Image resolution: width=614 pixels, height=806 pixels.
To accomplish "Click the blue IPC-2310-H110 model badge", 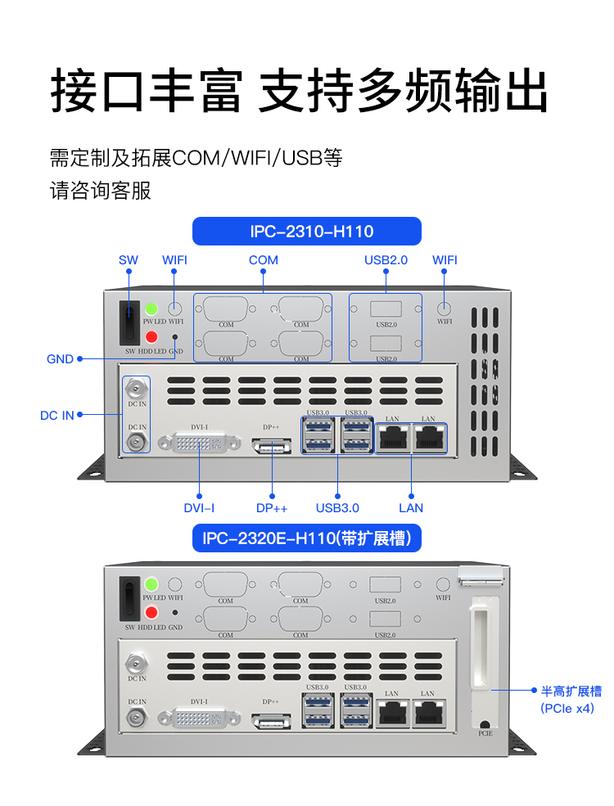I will pyautogui.click(x=306, y=232).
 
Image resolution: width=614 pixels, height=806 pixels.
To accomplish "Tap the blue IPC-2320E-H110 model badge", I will pyautogui.click(x=306, y=538).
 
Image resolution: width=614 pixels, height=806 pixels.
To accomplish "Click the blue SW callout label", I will pyautogui.click(x=129, y=260).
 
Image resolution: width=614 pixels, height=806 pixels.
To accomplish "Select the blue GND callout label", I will pyautogui.click(x=60, y=358).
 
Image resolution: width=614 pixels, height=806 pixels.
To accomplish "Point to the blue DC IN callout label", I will pyautogui.click(x=57, y=415).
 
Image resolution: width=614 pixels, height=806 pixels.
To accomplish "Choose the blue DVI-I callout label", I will pyautogui.click(x=199, y=507).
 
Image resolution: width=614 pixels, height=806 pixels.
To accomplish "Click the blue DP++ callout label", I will pyautogui.click(x=272, y=507).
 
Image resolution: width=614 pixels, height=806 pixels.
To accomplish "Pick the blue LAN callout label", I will pyautogui.click(x=411, y=507).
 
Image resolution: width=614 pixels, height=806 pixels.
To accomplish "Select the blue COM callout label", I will pyautogui.click(x=264, y=260).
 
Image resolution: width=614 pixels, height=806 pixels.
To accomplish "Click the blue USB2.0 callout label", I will pyautogui.click(x=386, y=260).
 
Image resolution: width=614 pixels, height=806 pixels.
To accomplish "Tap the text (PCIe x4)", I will pyautogui.click(x=567, y=709).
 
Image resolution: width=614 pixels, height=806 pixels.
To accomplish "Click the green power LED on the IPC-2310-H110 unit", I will pyautogui.click(x=151, y=309).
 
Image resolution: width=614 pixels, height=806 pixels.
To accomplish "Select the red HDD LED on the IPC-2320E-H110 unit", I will pyautogui.click(x=151, y=613).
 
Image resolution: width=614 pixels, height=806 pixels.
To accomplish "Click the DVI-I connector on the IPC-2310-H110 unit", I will pyautogui.click(x=201, y=444).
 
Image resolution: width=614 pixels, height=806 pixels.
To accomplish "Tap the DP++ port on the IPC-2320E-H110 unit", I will pyautogui.click(x=271, y=720).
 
